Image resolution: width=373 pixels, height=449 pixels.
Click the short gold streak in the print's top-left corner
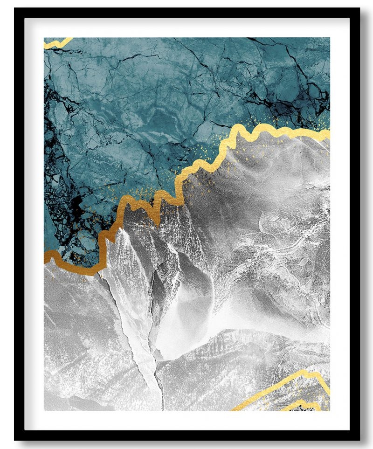coord(57,43)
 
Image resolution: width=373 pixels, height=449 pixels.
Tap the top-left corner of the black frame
coord(15,9)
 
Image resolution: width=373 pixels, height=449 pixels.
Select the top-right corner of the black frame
coord(359,9)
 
